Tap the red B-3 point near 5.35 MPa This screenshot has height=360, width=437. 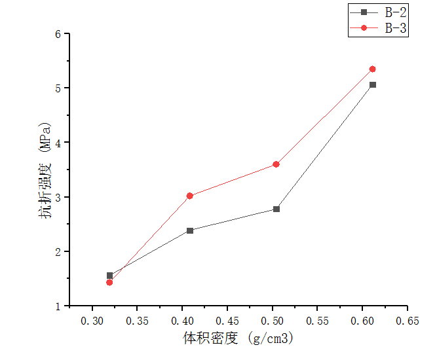[x=373, y=69]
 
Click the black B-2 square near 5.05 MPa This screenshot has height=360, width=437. [x=373, y=84]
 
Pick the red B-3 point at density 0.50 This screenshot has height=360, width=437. [x=276, y=164]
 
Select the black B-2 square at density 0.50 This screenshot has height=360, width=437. [x=276, y=209]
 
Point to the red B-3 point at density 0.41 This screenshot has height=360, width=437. [x=190, y=196]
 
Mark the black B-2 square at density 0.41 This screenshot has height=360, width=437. [x=190, y=230]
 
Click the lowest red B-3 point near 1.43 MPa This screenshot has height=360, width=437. [x=109, y=282]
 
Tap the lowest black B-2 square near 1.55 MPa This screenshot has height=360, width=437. [x=109, y=276]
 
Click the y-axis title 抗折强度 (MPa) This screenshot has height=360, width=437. [x=45, y=169]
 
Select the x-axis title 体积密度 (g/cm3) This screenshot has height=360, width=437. [x=238, y=338]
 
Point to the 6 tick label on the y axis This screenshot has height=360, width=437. [x=58, y=33]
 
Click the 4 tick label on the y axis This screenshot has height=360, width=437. [x=58, y=142]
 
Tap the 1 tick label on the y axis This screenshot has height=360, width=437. [x=58, y=306]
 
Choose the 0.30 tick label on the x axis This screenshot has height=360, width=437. [x=92, y=321]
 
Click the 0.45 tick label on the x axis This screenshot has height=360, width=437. [x=227, y=321]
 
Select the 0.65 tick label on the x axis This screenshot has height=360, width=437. [x=407, y=321]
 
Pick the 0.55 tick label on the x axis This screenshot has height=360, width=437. [x=317, y=321]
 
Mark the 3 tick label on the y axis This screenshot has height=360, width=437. [x=58, y=197]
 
